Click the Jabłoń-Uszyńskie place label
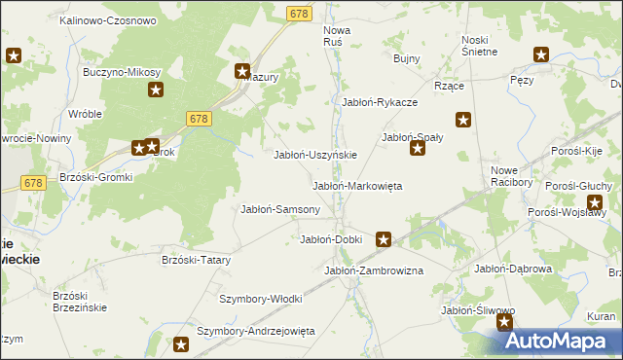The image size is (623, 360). (315, 155)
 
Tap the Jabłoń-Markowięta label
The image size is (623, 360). (356, 186)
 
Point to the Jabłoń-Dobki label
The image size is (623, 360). (331, 239)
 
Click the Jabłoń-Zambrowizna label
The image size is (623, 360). (373, 270)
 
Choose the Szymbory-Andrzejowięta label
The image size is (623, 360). (256, 331)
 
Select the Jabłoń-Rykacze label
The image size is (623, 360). (380, 102)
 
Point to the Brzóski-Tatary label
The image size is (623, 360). (196, 260)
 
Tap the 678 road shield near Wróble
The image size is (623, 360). (199, 118)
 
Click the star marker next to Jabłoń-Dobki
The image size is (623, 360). (385, 238)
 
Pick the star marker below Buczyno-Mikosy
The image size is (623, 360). (155, 90)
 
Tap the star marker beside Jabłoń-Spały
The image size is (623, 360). (417, 148)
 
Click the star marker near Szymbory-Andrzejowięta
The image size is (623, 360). (181, 343)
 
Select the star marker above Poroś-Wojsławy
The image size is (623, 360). (595, 202)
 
